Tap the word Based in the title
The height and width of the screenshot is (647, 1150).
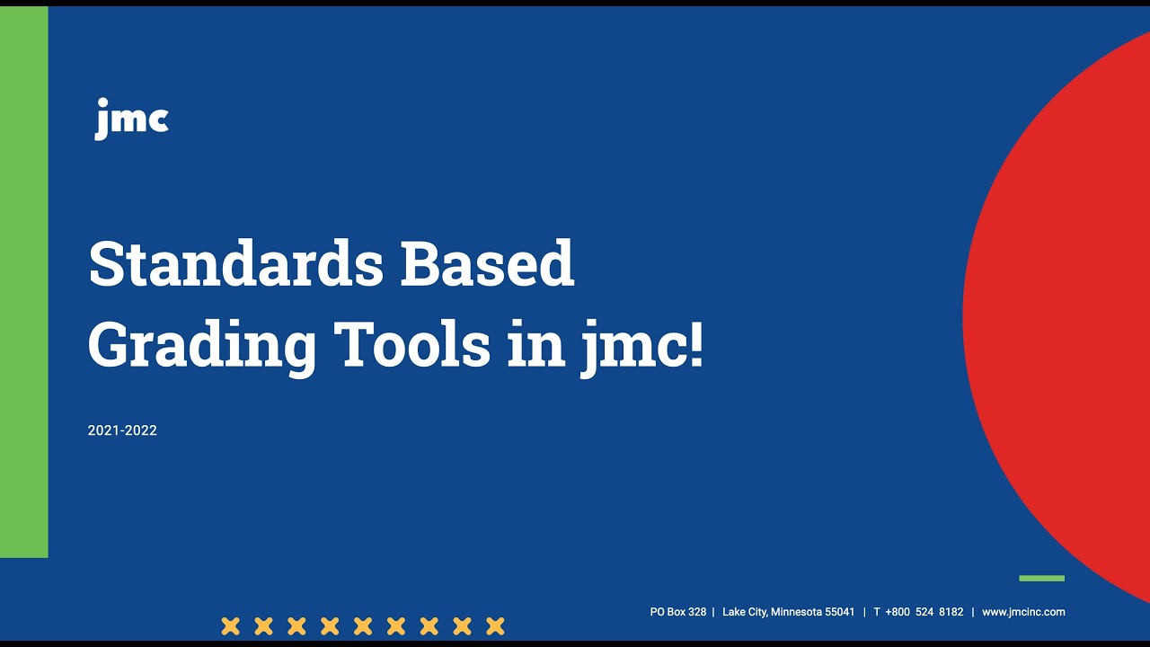pos(487,264)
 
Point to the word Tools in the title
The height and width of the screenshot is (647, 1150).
pos(411,344)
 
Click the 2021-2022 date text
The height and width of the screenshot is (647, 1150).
pos(122,430)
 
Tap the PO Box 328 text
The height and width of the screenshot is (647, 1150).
pos(678,612)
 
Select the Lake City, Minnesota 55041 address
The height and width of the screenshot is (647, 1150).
pos(788,612)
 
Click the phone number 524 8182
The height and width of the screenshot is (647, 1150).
pos(939,612)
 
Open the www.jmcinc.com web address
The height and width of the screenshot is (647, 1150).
pos(1023,612)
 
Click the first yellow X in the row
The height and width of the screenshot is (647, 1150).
pos(231,625)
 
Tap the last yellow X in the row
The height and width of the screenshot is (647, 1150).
pos(495,625)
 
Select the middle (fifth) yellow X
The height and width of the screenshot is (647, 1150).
pos(363,625)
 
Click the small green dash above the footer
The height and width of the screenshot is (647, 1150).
pos(1041,578)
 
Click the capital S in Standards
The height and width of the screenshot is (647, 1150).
pos(106,264)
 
